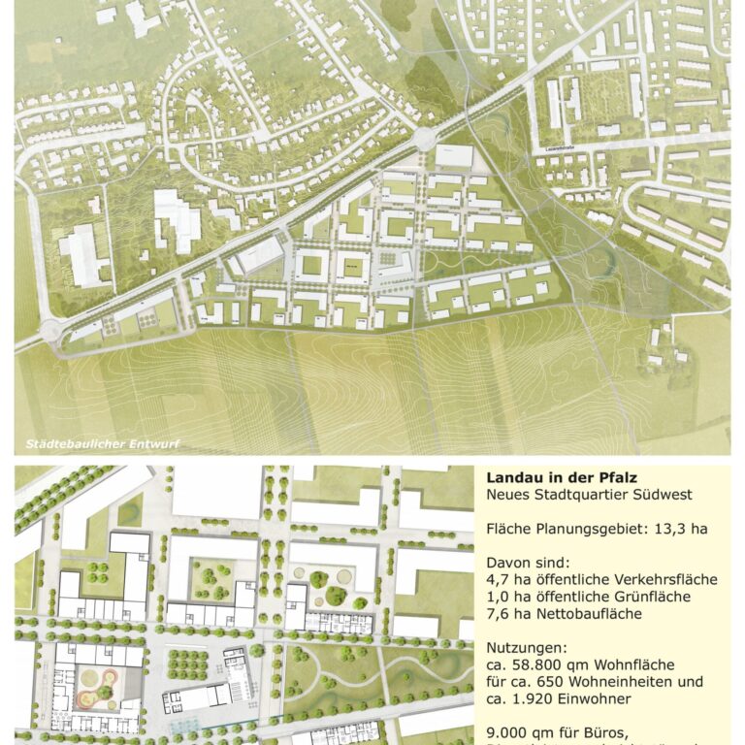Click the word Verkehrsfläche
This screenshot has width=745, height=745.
tap(668, 580)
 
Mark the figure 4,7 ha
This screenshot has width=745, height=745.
tap(502, 580)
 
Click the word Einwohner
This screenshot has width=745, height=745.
tap(598, 698)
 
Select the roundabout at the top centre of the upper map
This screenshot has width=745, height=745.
tap(424, 139)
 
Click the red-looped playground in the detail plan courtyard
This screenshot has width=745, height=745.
tap(96, 685)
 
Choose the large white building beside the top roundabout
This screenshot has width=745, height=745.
tap(454, 155)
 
